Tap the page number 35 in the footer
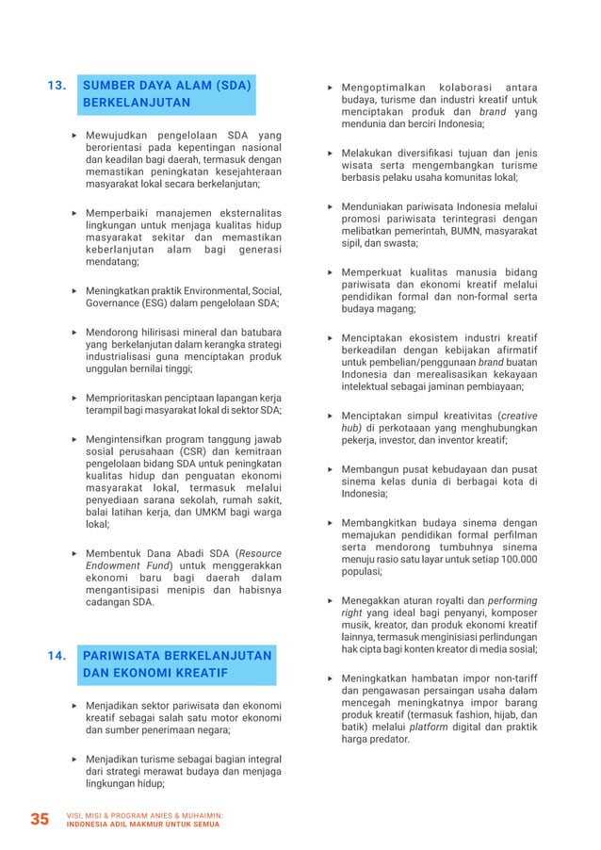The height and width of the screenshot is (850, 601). pyautogui.click(x=40, y=819)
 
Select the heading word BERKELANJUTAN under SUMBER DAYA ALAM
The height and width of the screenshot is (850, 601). pyautogui.click(x=137, y=103)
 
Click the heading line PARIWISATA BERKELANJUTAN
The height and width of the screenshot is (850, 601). pyautogui.click(x=178, y=656)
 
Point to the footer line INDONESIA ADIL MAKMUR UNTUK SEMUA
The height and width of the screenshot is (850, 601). pyautogui.click(x=143, y=824)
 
